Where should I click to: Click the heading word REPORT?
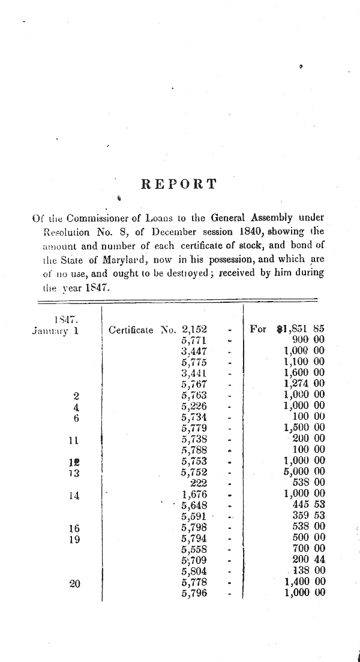[179, 184]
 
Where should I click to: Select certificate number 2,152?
[194, 329]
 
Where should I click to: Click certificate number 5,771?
[194, 340]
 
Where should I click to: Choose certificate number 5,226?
[194, 406]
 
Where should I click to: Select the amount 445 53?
[308, 505]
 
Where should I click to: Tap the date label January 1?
[55, 330]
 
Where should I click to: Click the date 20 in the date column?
[75, 582]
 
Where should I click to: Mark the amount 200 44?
[308, 559]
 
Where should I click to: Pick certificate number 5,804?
[194, 571]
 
